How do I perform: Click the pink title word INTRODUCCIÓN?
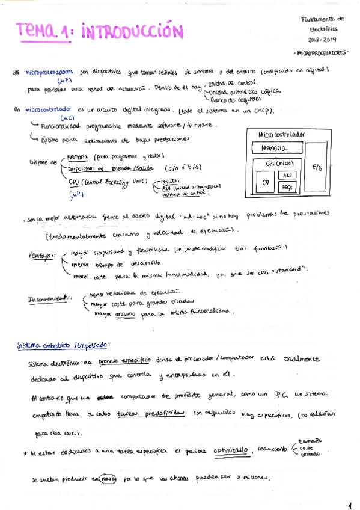[x=130, y=31]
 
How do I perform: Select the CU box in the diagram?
[x=265, y=182]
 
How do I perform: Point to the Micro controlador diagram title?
[x=281, y=134]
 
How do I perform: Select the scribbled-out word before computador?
[x=105, y=398]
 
